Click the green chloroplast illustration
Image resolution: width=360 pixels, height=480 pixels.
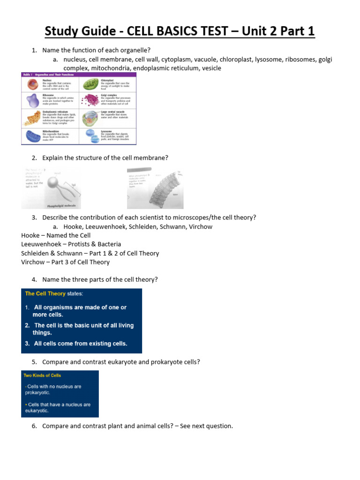(90, 84)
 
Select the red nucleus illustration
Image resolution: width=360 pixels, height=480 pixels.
(32, 84)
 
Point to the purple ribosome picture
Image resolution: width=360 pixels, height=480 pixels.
(32, 100)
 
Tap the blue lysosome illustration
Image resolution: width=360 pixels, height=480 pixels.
(90, 136)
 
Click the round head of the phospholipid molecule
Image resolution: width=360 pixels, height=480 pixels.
(55, 179)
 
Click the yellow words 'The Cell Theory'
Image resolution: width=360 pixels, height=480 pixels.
(45, 294)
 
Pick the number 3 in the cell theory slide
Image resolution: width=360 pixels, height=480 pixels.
(28, 344)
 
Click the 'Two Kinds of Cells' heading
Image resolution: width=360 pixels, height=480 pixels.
(42, 375)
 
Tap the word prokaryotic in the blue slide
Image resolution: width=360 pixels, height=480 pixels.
(37, 393)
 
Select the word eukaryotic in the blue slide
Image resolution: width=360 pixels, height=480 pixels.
(37, 411)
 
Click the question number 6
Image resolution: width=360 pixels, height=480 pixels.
(34, 426)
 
